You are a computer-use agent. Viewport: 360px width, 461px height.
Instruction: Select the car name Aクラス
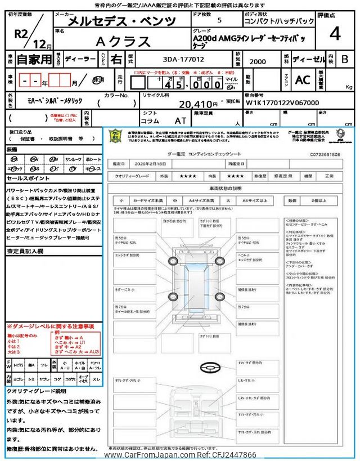point(124,42)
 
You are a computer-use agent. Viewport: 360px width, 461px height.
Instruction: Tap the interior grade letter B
point(344,59)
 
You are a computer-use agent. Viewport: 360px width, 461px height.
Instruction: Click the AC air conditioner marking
point(302,80)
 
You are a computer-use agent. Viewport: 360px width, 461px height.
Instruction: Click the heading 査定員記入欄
point(26,252)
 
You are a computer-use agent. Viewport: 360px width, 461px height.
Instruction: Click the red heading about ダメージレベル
point(50,326)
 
